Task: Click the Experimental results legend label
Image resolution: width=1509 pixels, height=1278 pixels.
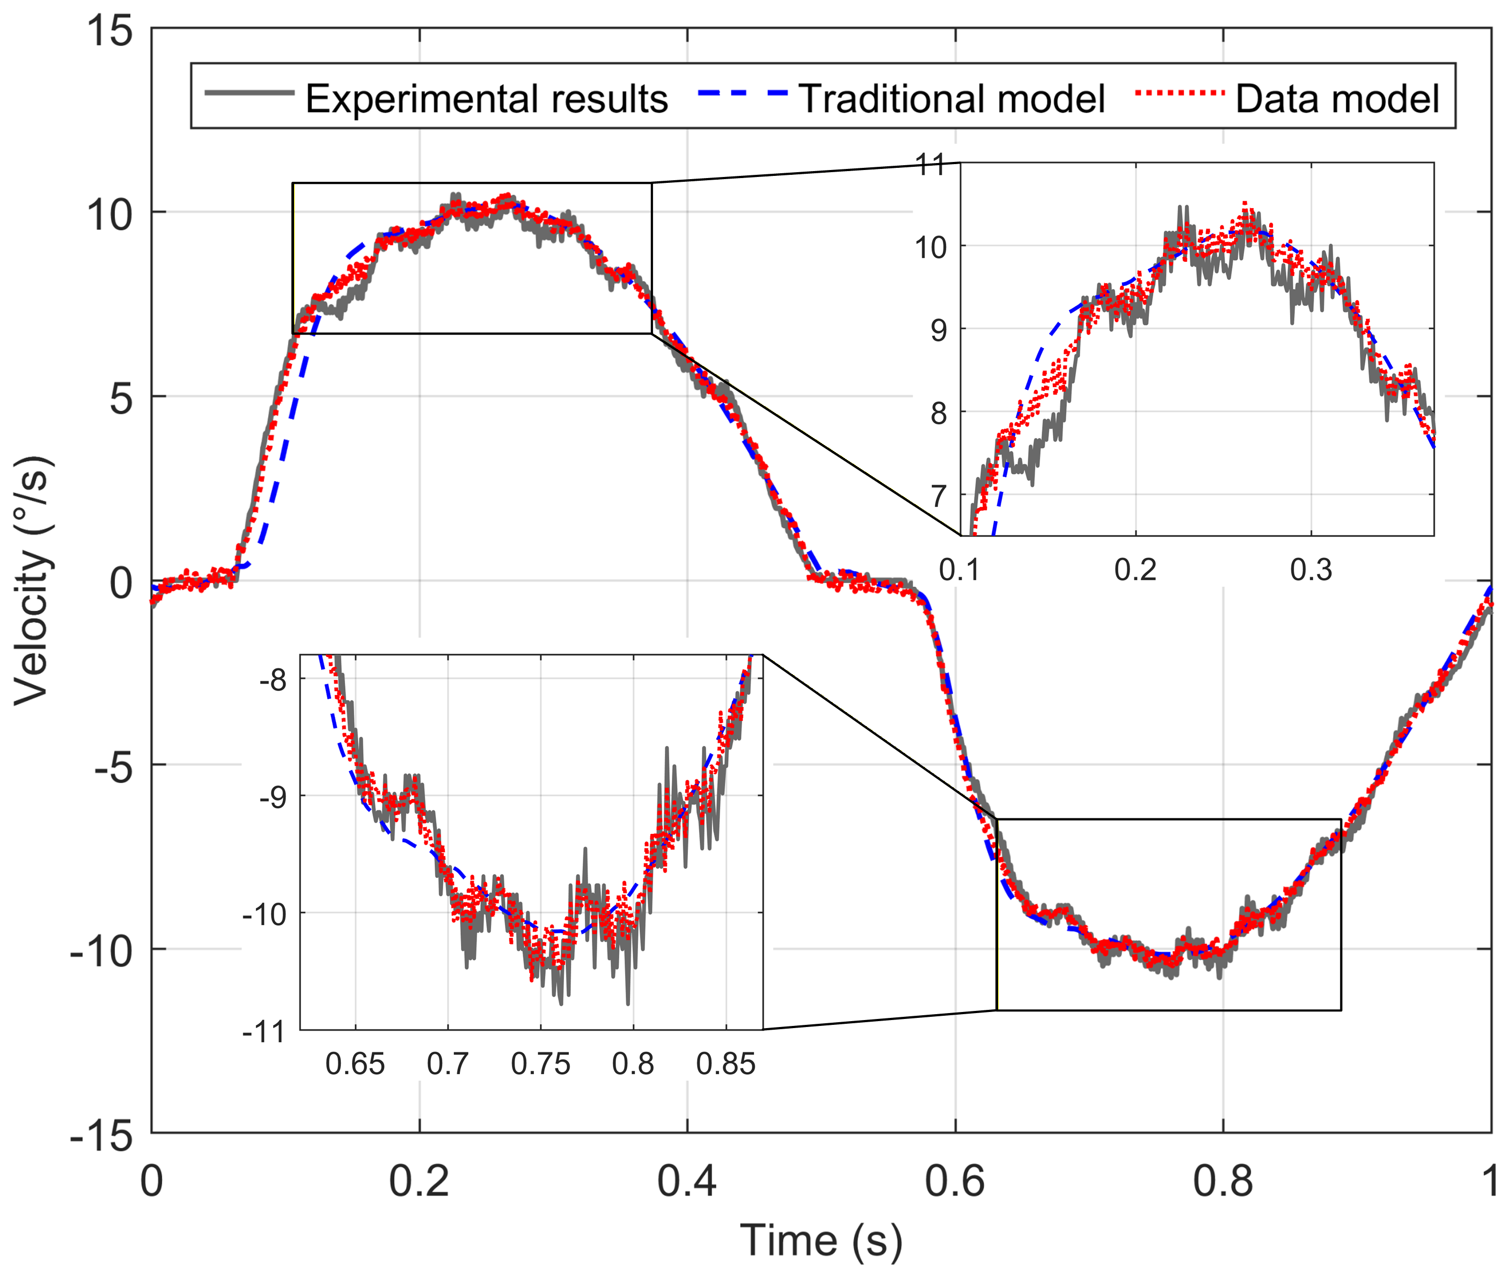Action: tap(486, 99)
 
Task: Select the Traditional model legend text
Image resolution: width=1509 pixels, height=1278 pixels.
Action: tap(951, 99)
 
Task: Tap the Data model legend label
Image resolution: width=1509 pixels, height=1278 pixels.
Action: tap(1337, 99)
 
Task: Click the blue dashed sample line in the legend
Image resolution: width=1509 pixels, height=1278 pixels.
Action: tap(743, 93)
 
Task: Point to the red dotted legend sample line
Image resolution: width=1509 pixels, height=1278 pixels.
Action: tap(1180, 93)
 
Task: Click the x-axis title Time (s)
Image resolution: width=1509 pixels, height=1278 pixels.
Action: tap(821, 1241)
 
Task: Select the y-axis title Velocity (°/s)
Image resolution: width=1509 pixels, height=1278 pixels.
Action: tap(33, 580)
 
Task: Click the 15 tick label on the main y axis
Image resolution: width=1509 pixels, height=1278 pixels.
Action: tap(109, 31)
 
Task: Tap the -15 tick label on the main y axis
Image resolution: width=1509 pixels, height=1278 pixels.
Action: tap(102, 1136)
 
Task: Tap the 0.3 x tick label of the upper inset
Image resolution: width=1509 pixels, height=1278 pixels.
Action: tap(1311, 570)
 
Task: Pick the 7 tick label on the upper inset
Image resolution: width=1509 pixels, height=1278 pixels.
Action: tap(939, 497)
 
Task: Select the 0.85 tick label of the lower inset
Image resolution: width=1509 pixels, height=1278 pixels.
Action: tap(726, 1064)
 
